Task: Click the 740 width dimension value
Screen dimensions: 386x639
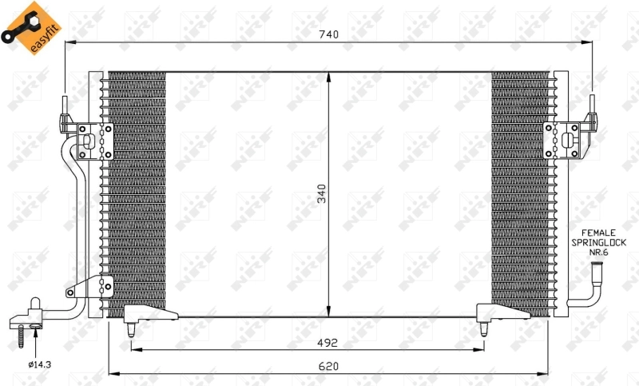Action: coord(329,34)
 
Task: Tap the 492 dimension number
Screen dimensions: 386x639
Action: coord(327,342)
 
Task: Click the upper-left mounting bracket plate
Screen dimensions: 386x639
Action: coord(95,141)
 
